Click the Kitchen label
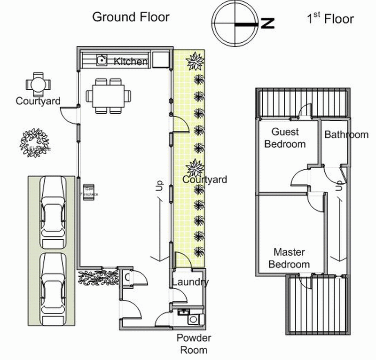coord(131,62)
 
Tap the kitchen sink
coord(102,60)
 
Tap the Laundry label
coord(190,282)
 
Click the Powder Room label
coord(194,344)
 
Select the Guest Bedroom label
coord(285,138)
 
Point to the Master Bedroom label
coord(289,258)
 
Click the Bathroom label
coord(346,134)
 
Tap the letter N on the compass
coord(268,23)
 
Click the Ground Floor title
coord(131,17)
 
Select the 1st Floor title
coord(330,19)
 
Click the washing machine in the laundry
coord(194,320)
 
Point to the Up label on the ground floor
coord(159,186)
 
